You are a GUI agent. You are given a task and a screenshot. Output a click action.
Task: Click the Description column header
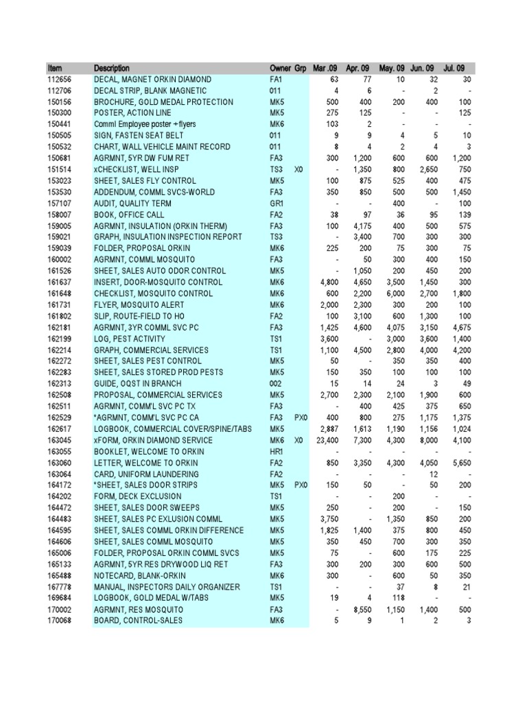(x=110, y=69)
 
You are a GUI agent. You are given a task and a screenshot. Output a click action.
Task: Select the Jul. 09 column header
(x=454, y=69)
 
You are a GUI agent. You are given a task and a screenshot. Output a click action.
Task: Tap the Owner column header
(x=280, y=69)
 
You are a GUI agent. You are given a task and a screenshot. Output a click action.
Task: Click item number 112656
(x=60, y=80)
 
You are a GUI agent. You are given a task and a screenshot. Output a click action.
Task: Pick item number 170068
(x=60, y=621)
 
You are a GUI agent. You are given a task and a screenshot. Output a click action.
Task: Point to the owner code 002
(x=276, y=384)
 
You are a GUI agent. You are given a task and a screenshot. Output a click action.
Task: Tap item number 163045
(x=60, y=441)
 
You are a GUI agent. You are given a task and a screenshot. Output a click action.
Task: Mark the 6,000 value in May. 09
(x=394, y=294)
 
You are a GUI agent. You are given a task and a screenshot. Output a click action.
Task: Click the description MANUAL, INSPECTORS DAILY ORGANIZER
(x=167, y=587)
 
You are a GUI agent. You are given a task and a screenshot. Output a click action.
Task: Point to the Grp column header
(x=301, y=69)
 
